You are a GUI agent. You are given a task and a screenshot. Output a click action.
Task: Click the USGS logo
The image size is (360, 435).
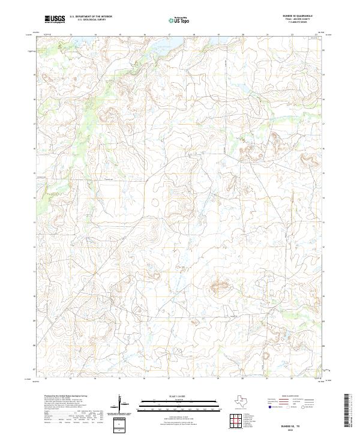[55, 19]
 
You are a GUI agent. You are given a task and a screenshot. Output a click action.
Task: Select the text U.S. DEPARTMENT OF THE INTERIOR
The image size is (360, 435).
[91, 17]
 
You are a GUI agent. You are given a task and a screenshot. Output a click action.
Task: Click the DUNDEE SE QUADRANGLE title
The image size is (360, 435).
[298, 16]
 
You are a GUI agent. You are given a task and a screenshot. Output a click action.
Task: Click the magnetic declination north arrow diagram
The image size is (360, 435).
[122, 403]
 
